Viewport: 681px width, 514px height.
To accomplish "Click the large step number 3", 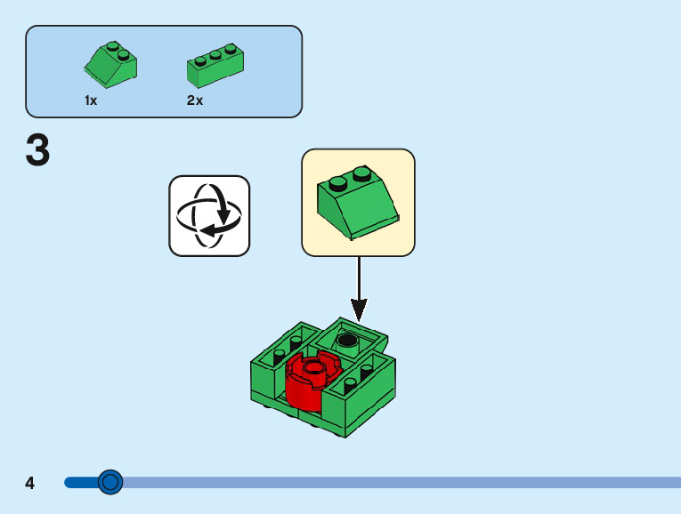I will pyautogui.click(x=38, y=151).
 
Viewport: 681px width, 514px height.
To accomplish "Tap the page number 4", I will pyautogui.click(x=30, y=484).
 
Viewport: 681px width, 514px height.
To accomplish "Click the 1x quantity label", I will pyautogui.click(x=91, y=101).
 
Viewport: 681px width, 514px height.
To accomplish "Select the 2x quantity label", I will pyautogui.click(x=195, y=101).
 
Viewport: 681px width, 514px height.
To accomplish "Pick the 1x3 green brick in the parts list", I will pyautogui.click(x=215, y=63).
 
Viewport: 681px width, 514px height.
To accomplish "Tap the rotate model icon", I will pyautogui.click(x=209, y=215).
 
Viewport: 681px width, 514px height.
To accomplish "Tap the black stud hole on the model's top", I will pyautogui.click(x=347, y=340).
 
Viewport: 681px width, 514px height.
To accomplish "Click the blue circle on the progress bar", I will pyautogui.click(x=110, y=483).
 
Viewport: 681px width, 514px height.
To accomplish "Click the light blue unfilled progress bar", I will pyautogui.click(x=401, y=483).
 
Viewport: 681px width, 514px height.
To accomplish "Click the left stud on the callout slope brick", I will pyautogui.click(x=337, y=184).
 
